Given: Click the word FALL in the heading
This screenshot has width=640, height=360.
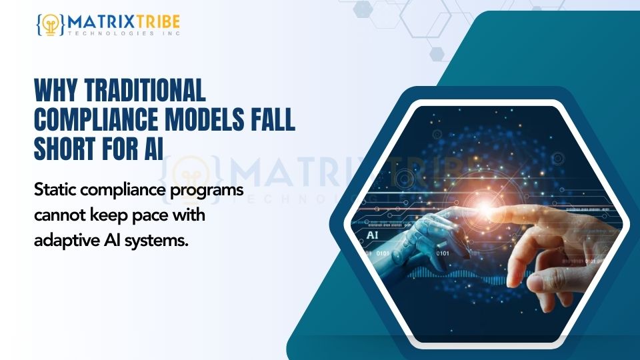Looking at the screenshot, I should click(273, 119).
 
